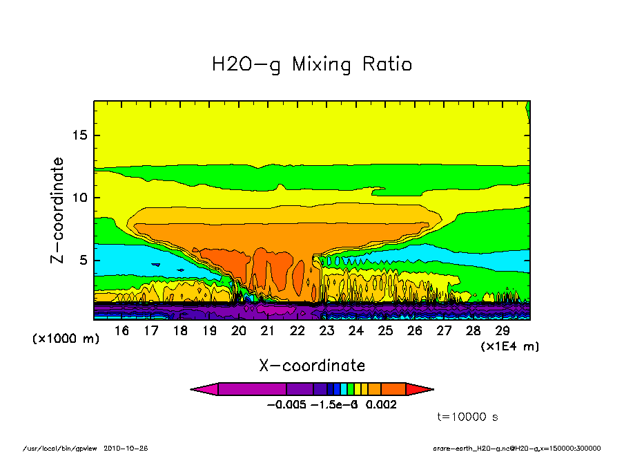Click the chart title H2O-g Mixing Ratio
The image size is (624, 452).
[312, 64]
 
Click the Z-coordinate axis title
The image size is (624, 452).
[58, 211]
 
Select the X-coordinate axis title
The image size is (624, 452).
[312, 365]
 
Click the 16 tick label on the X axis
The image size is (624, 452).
[121, 331]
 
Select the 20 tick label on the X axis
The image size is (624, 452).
[239, 331]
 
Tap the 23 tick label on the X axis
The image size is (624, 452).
[326, 331]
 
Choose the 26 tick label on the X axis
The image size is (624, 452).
[414, 331]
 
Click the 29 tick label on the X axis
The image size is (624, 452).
[502, 331]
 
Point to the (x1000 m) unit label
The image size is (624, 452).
[66, 339]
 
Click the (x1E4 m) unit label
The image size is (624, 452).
[510, 346]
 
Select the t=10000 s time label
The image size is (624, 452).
[468, 417]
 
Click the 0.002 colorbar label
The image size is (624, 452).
[382, 404]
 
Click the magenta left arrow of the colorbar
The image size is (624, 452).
[204, 389]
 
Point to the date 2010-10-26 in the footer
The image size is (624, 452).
[126, 448]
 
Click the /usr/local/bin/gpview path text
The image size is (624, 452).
[61, 448]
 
